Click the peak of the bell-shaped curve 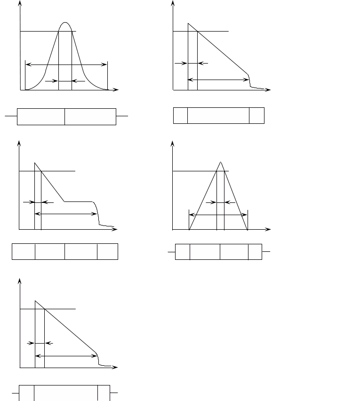pos(65,23)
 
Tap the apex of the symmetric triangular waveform pos(221,162)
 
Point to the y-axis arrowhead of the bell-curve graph pos(20,3)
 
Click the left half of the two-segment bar pos(41,117)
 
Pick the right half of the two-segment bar pos(90,117)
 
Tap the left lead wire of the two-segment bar pos(11,116)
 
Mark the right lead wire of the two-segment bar pos(122,116)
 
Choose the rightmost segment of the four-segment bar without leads pos(108,252)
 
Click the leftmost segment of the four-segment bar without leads pos(24,252)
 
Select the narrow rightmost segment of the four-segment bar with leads pos(255,252)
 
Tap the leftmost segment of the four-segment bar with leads pos(183,252)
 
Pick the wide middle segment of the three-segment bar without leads pos(218,116)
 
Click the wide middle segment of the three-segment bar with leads pos(66,393)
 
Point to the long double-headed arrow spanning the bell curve pos(66,64)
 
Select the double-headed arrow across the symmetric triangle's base pos(218,215)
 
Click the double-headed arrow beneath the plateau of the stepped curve pos(66,214)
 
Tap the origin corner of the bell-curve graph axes pos(20,90)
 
